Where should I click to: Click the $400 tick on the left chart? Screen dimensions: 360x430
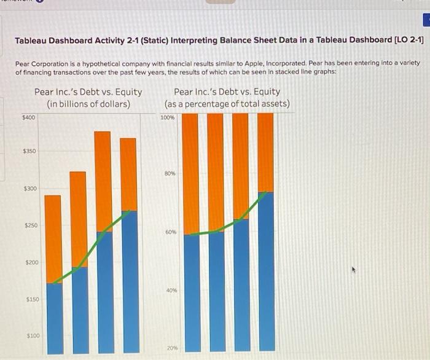point(29,117)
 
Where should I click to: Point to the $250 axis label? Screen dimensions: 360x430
point(31,225)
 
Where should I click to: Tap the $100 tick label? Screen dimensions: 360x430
point(32,336)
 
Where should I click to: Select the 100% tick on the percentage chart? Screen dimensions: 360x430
point(167,117)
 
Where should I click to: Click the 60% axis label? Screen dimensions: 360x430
point(170,232)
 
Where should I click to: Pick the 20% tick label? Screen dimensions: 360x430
point(171,348)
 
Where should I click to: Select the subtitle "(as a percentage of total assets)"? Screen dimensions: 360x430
point(227,103)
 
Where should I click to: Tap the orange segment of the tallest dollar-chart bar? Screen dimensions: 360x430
point(103,181)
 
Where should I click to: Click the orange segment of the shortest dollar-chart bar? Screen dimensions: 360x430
point(54,238)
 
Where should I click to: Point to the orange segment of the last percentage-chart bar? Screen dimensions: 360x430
point(265,152)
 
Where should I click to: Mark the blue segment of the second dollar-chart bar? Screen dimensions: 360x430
point(79,310)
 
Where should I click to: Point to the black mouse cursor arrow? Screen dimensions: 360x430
point(354,269)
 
